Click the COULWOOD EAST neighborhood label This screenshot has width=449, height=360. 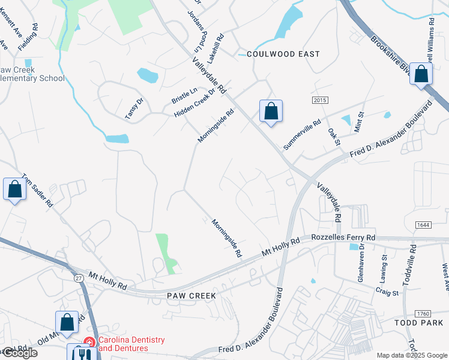click(x=283, y=54)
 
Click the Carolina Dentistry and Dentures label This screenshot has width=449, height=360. click(x=131, y=344)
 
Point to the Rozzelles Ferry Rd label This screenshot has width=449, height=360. click(x=343, y=238)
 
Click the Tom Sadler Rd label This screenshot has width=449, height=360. click(x=37, y=191)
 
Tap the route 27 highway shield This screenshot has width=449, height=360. click(x=79, y=277)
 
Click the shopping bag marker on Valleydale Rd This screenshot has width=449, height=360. click(x=271, y=111)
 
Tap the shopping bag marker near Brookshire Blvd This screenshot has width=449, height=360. click(x=421, y=74)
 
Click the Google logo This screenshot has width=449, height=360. click(x=19, y=353)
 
